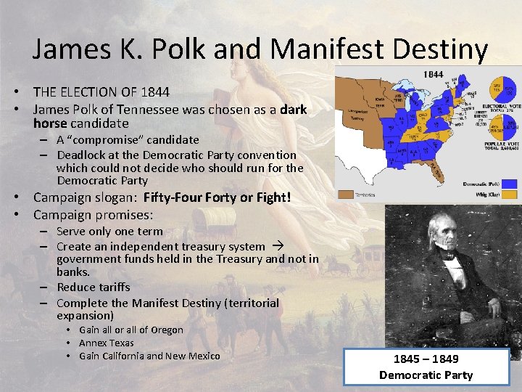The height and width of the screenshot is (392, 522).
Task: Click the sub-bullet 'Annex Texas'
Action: (x=107, y=343)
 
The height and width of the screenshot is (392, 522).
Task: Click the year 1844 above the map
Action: (x=434, y=75)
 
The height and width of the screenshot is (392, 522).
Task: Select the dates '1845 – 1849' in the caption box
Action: (x=426, y=359)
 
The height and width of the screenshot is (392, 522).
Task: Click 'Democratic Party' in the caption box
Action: (x=426, y=375)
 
